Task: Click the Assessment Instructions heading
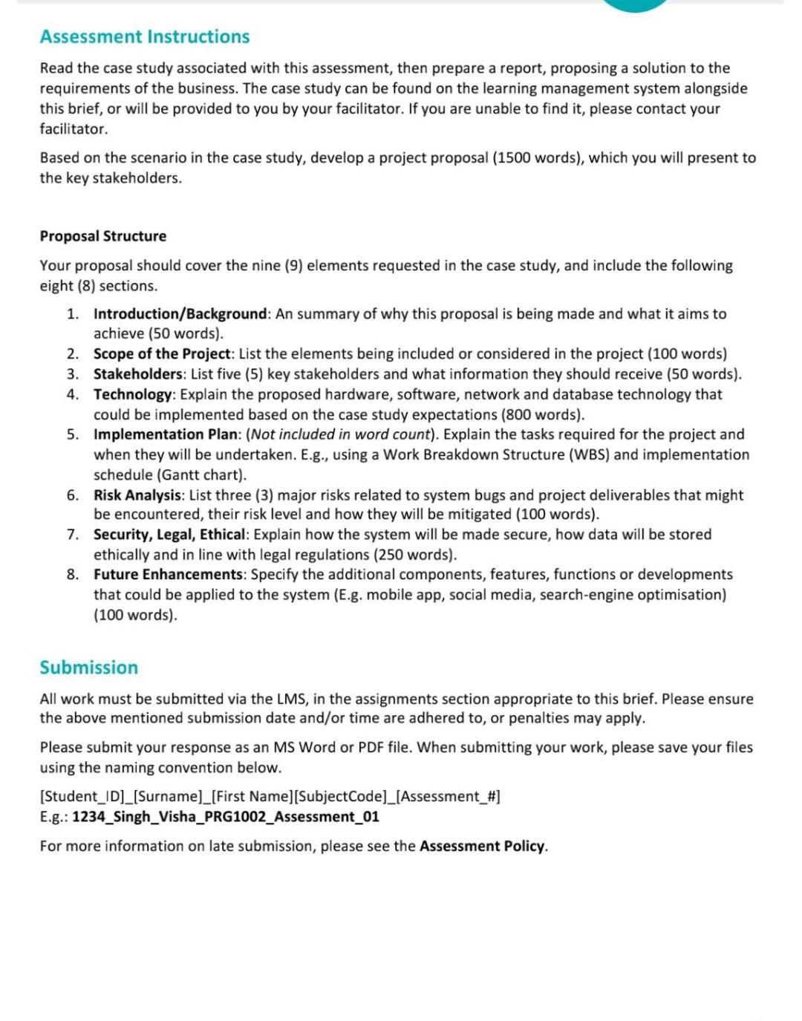[145, 36]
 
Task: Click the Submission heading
[88, 667]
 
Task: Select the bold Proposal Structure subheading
[103, 236]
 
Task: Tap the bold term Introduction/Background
[180, 314]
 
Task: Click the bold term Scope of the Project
[163, 354]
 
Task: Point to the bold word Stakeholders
[137, 374]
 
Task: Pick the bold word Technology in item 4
[132, 394]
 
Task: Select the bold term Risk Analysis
[137, 495]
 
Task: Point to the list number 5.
[72, 434]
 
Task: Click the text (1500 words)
[538, 158]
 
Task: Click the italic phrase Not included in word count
[341, 434]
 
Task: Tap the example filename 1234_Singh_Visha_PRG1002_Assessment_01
[226, 817]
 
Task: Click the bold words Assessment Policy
[482, 847]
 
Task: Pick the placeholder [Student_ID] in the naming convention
[82, 797]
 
